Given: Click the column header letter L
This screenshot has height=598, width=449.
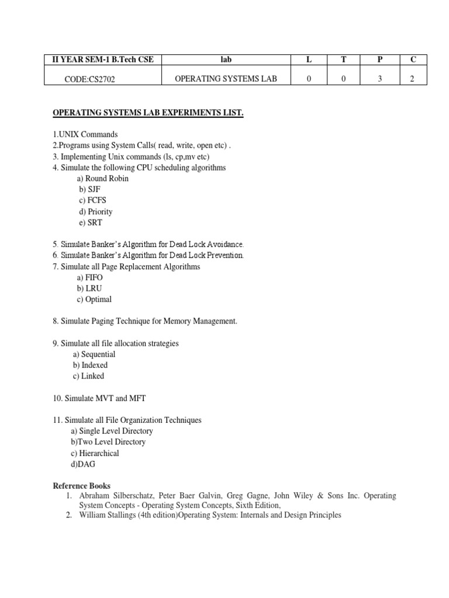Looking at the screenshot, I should tap(308, 60).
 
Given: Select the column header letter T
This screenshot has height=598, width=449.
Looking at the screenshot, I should tap(344, 60).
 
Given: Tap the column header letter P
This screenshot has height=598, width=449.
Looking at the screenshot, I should tap(379, 60).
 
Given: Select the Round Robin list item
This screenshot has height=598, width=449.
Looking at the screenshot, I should tap(102, 179).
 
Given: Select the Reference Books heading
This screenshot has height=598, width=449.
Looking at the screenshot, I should tap(81, 486).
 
